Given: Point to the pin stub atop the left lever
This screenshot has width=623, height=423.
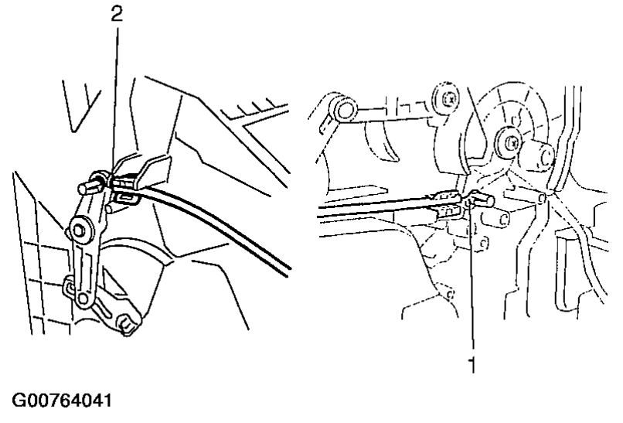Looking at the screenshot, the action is [86, 186].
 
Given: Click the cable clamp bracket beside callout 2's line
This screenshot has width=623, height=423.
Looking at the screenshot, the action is [147, 172].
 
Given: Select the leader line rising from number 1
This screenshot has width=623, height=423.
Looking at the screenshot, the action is [470, 278].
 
